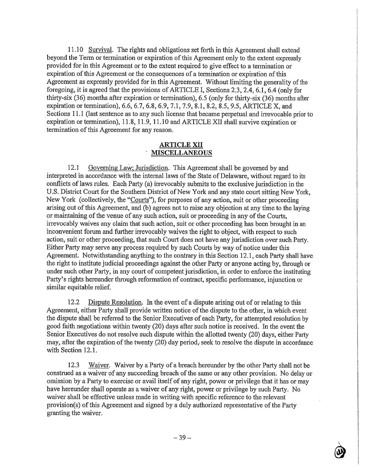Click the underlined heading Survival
[x=101, y=50]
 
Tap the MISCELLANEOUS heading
[x=181, y=153]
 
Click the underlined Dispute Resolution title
[x=115, y=302]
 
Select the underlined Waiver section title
[x=99, y=365]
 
